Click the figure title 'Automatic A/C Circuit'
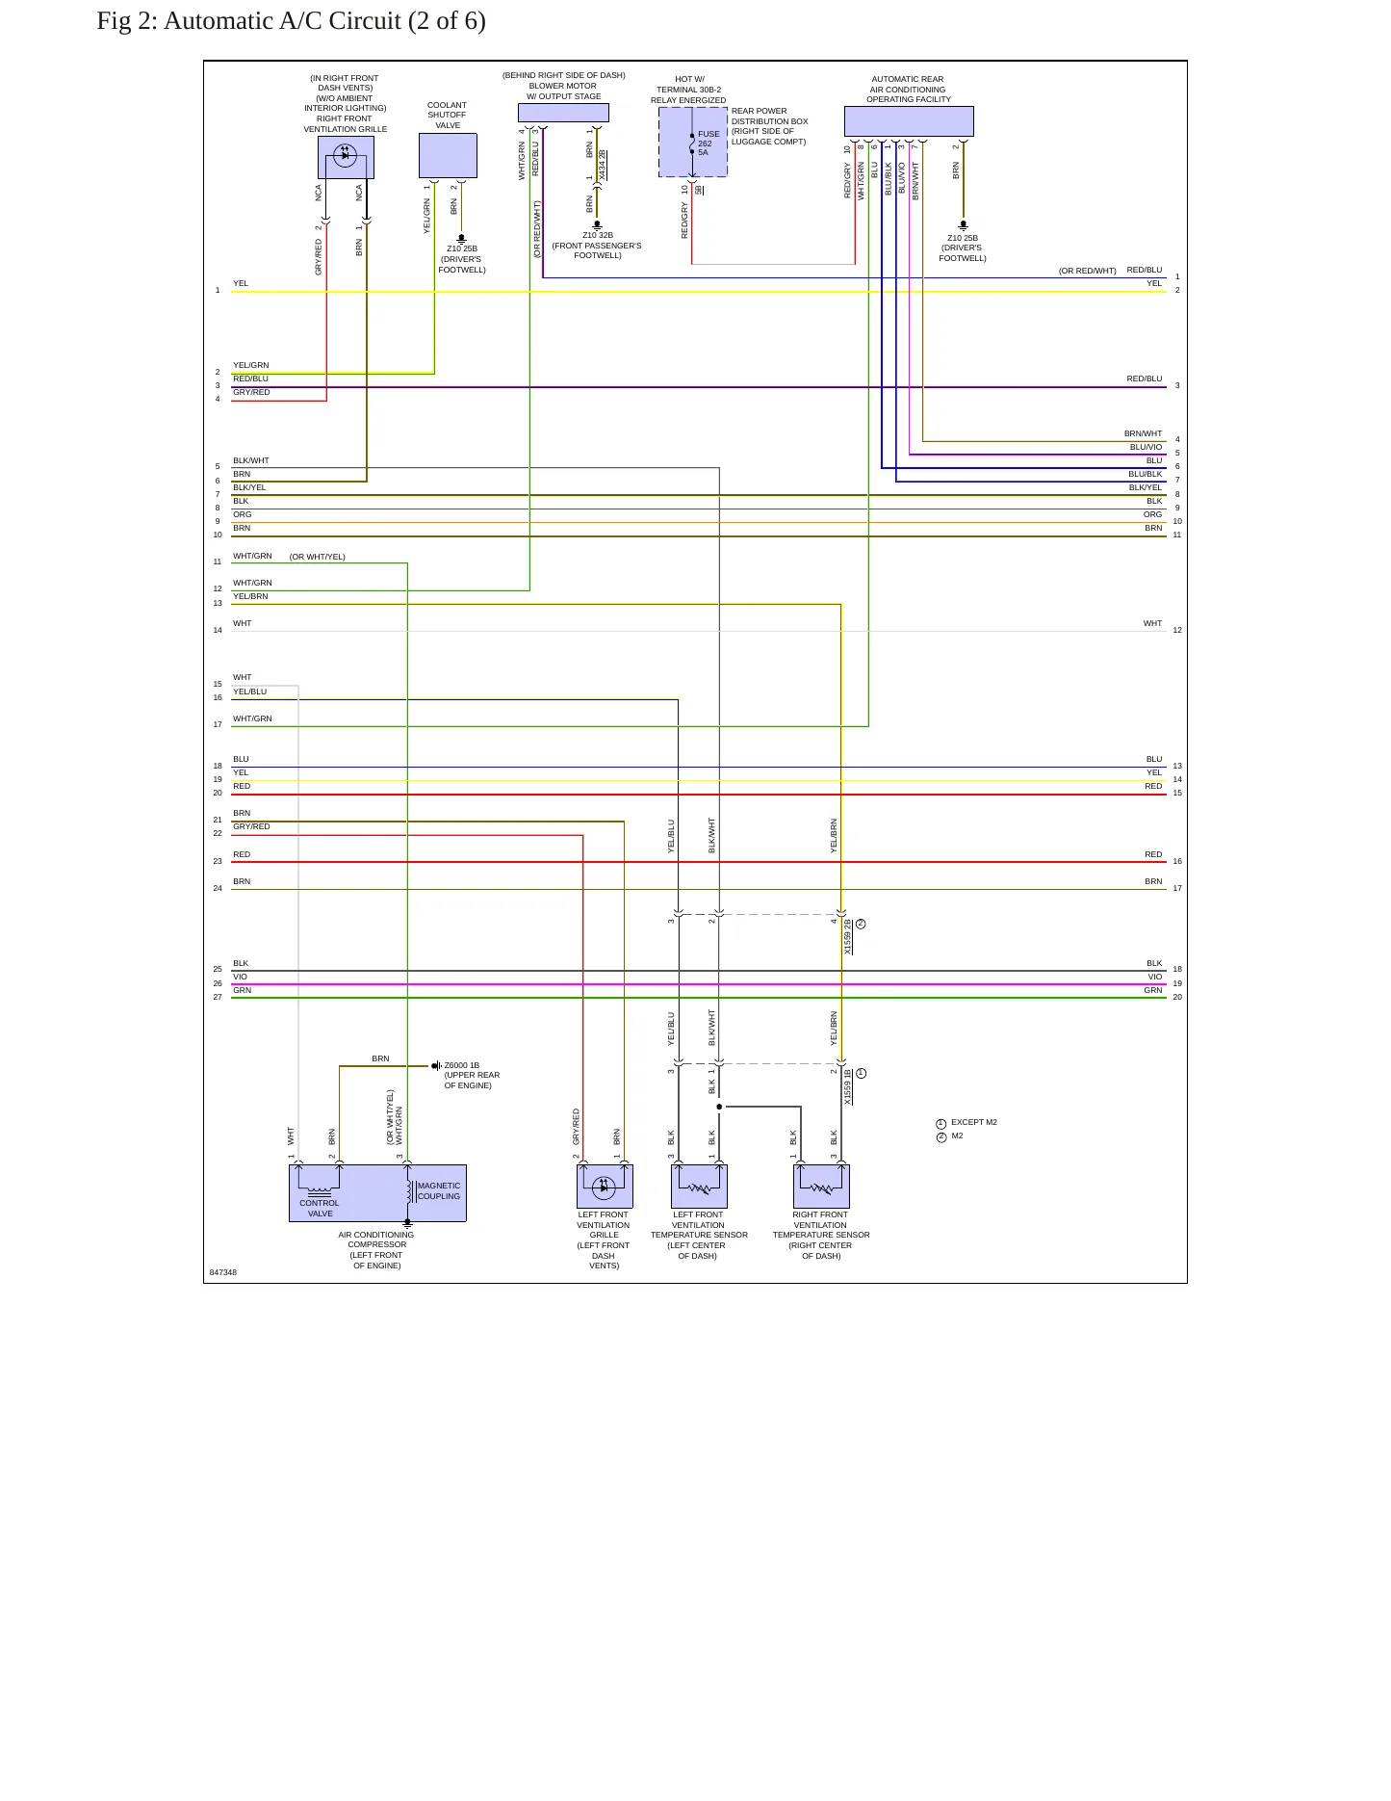pyautogui.click(x=282, y=21)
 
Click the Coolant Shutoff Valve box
pyautogui.click(x=448, y=155)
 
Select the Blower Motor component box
pyautogui.click(x=563, y=113)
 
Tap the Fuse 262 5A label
pyautogui.click(x=708, y=144)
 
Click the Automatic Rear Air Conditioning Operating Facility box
pyautogui.click(x=909, y=121)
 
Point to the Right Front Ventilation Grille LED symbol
pyautogui.click(x=346, y=154)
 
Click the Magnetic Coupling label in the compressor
pyautogui.click(x=439, y=1191)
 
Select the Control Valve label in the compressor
pyautogui.click(x=320, y=1208)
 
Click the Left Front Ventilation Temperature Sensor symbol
pyautogui.click(x=699, y=1187)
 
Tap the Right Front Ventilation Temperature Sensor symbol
pyautogui.click(x=821, y=1187)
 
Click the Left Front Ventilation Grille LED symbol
pyautogui.click(x=605, y=1187)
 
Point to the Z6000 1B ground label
pyautogui.click(x=462, y=1066)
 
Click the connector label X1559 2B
pyautogui.click(x=848, y=936)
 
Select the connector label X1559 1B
pyautogui.click(x=848, y=1086)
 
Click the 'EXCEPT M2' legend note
pyautogui.click(x=974, y=1122)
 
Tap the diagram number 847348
pyautogui.click(x=223, y=1272)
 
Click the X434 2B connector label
pyautogui.click(x=602, y=166)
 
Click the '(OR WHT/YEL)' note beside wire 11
pyautogui.click(x=318, y=557)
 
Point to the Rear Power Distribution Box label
pyautogui.click(x=769, y=126)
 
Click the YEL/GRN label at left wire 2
pyautogui.click(x=251, y=366)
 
